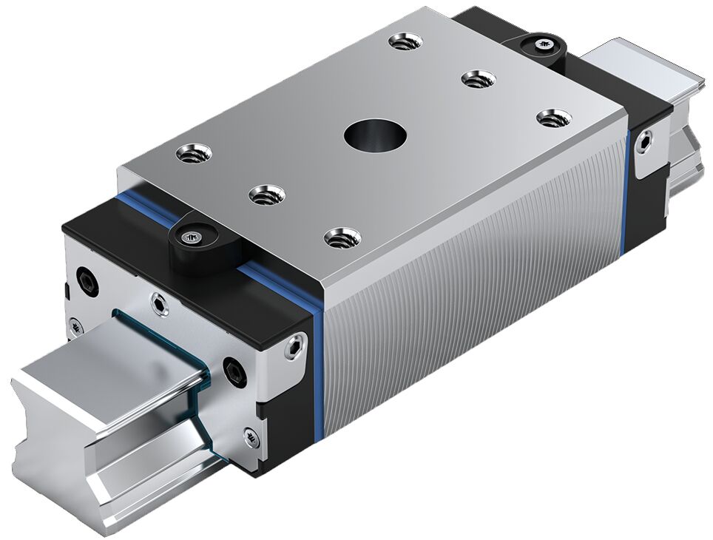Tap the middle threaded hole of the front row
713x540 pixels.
[x=267, y=196]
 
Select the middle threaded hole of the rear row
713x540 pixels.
[x=477, y=78]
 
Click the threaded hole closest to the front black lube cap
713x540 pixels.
[x=194, y=154]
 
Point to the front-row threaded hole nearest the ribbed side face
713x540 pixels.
[x=342, y=237]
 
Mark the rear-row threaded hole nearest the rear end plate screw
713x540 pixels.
[x=553, y=118]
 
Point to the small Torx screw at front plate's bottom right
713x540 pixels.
[x=251, y=440]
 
